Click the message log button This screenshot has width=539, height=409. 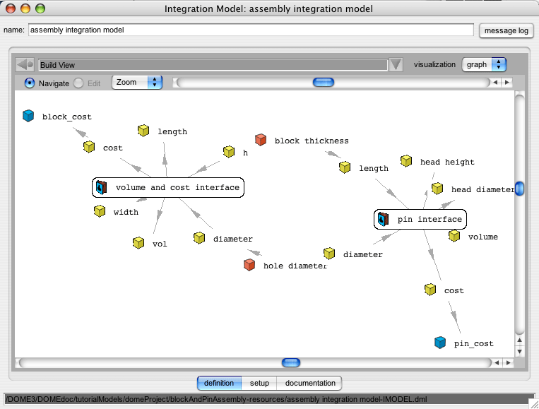click(x=506, y=30)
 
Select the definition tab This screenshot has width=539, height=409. click(x=219, y=383)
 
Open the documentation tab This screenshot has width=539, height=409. click(x=309, y=383)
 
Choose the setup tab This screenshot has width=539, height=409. click(x=259, y=383)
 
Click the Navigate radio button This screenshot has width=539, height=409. click(x=30, y=83)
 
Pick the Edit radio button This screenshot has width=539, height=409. click(x=78, y=83)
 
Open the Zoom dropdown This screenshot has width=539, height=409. click(x=137, y=83)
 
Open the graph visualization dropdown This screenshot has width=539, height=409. click(x=484, y=64)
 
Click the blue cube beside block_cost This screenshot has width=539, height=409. click(x=28, y=116)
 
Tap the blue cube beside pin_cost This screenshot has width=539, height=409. click(x=440, y=343)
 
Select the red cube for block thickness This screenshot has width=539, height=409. click(x=261, y=140)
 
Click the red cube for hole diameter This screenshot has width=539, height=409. click(x=249, y=265)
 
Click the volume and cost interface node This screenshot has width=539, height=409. click(x=168, y=188)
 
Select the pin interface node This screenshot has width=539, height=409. click(x=420, y=219)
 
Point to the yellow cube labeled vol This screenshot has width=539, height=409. click(x=138, y=243)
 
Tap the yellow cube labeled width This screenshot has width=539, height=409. click(x=100, y=211)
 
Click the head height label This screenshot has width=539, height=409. click(x=447, y=162)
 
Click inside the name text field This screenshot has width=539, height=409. click(x=251, y=30)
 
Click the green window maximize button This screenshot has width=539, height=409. click(x=40, y=8)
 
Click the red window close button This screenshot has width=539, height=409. click(x=11, y=8)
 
